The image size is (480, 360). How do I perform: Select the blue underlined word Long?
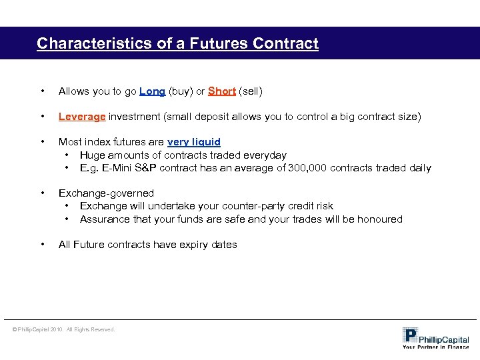click(x=153, y=91)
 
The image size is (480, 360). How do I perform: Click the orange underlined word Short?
click(x=222, y=91)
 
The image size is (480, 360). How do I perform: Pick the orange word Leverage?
click(x=82, y=117)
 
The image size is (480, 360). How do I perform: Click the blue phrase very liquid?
click(x=194, y=142)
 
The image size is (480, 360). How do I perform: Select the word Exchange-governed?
click(x=106, y=193)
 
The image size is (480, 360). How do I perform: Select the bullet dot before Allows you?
click(x=43, y=91)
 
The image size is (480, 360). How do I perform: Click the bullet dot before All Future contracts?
click(x=43, y=245)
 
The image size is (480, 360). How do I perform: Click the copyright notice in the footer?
click(x=63, y=329)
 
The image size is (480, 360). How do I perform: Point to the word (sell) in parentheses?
click(x=251, y=91)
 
